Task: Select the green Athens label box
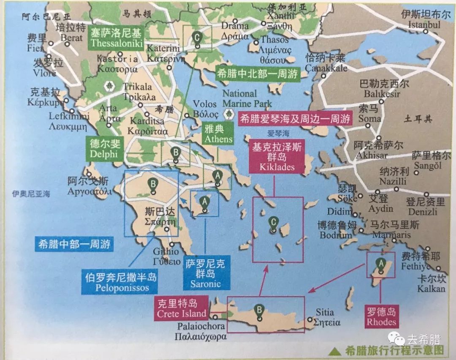(x=218, y=134)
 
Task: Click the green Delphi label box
(x=104, y=148)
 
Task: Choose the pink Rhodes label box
(x=381, y=317)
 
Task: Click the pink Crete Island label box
(x=182, y=309)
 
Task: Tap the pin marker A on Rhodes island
(x=381, y=265)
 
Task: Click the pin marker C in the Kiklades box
(x=274, y=223)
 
